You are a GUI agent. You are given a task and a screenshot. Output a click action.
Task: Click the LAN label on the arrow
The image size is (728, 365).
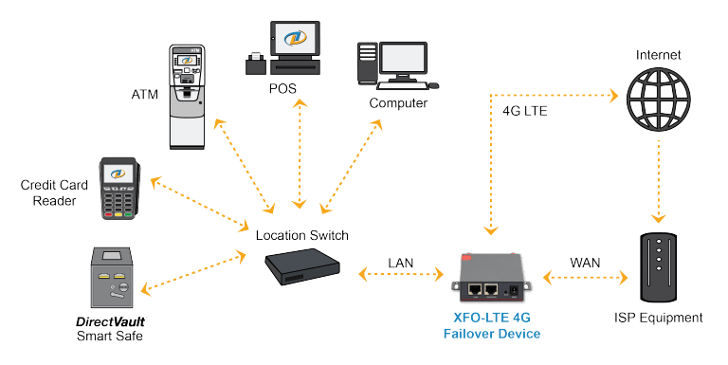(x=399, y=263)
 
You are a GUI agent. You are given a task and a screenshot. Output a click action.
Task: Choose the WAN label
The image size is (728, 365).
(x=584, y=262)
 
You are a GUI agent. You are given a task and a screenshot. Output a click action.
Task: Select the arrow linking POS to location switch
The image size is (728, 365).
(x=300, y=152)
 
